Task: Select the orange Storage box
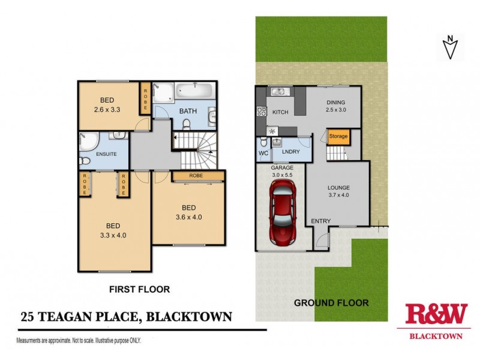[338, 137]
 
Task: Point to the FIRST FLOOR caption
[139, 289]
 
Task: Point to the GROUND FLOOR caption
[331, 303]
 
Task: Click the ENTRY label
[320, 221]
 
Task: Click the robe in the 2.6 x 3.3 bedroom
[145, 98]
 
